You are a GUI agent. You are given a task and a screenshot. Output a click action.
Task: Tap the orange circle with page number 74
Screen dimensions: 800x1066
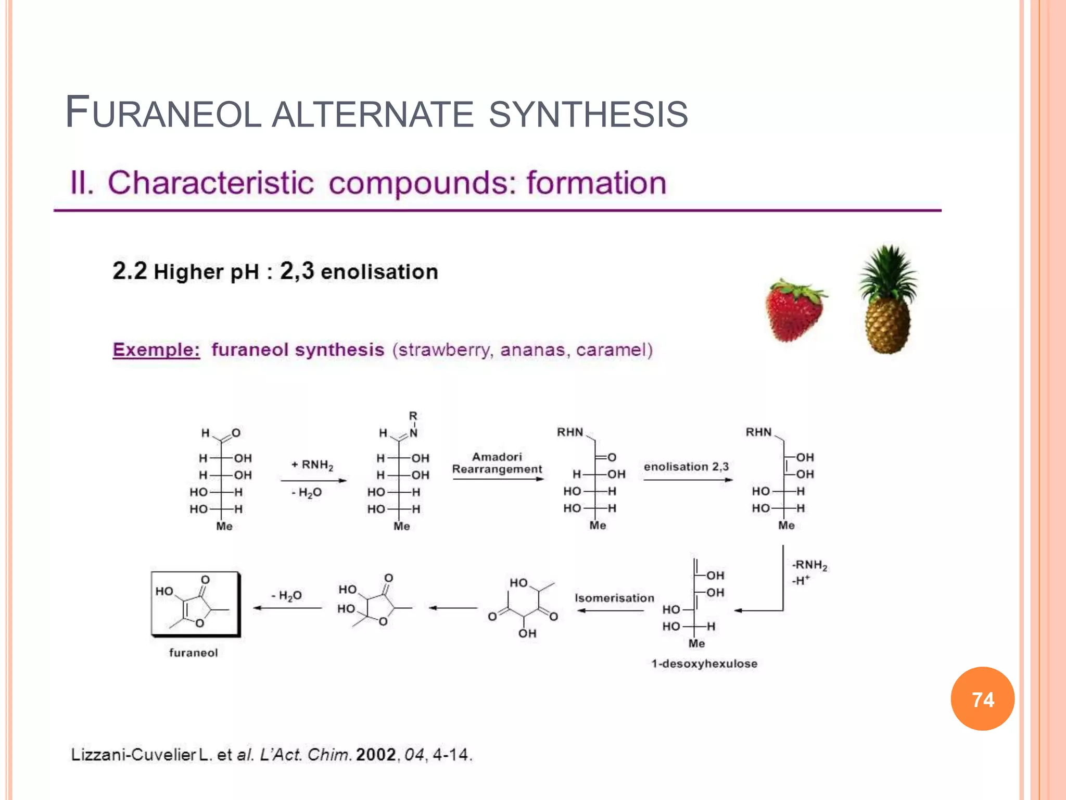(982, 699)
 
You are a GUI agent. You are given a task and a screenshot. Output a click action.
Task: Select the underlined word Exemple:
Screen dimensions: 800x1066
(156, 349)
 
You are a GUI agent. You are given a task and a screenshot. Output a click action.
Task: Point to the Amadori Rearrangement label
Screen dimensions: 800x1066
(497, 463)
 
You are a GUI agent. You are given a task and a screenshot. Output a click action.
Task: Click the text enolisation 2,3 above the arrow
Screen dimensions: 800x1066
(686, 467)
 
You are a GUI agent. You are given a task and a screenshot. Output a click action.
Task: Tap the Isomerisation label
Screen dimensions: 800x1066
(614, 598)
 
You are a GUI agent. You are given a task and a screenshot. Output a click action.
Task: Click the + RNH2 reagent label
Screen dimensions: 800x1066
(312, 465)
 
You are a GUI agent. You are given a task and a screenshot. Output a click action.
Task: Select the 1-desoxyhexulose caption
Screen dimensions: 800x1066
(704, 664)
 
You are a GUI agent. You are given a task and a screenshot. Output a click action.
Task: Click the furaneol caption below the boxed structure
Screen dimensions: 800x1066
(193, 653)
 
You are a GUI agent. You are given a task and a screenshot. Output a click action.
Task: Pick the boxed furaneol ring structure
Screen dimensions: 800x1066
(195, 604)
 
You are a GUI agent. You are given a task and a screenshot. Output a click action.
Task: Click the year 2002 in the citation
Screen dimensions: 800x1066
(376, 754)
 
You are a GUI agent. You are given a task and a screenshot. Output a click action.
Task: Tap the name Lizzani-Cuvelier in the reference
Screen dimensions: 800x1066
(133, 754)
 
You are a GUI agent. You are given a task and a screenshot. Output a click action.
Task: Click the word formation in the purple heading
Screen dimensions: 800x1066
(596, 183)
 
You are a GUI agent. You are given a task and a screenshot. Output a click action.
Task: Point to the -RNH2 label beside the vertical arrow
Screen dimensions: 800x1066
(809, 565)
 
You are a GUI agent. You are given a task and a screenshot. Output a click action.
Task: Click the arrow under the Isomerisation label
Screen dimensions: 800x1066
(610, 610)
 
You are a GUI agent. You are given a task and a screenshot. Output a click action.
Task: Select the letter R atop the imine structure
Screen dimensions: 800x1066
(413, 416)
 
